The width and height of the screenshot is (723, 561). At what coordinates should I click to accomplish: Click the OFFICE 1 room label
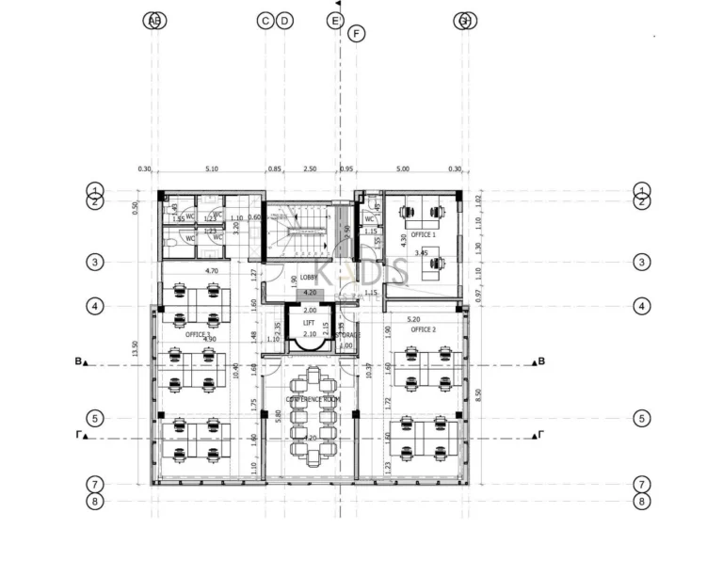423,234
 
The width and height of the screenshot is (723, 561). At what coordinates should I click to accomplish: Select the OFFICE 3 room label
198,334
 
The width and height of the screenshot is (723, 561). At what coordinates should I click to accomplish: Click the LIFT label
309,322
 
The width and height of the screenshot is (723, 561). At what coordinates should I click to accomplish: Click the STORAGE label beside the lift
346,335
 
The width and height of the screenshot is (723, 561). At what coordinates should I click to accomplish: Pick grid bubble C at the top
265,21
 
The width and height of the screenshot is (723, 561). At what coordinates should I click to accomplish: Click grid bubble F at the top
356,34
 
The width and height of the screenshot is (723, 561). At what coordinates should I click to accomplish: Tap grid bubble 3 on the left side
94,263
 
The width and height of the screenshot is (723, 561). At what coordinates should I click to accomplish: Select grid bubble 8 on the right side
642,501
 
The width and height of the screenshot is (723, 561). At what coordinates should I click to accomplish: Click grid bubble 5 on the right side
642,418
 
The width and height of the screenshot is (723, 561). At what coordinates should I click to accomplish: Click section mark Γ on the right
538,435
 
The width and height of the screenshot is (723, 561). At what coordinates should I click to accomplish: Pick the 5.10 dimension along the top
211,169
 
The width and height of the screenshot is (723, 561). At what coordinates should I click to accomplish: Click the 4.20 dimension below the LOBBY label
309,293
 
